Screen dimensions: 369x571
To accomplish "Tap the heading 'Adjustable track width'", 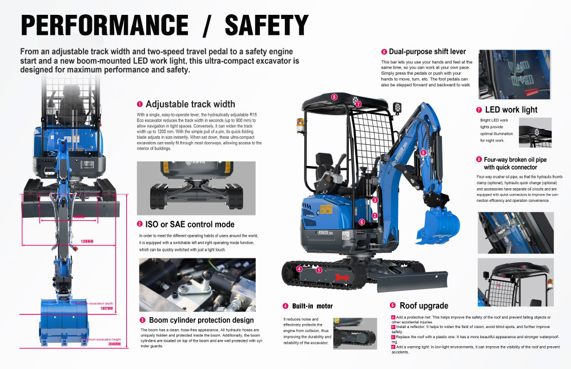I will point(190,104).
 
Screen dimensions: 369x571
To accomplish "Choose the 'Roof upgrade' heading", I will point(424,306).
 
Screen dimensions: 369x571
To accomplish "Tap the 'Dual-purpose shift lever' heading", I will point(423,52).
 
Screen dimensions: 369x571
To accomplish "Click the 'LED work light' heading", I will point(511,110).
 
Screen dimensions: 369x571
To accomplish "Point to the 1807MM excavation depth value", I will point(107,308).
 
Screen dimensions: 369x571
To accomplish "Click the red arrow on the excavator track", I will point(342,277).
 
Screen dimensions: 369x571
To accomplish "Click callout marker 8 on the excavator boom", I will point(423,153).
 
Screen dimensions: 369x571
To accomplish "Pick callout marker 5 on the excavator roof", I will point(334,96).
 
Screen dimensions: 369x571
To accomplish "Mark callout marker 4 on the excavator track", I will point(299,269).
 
